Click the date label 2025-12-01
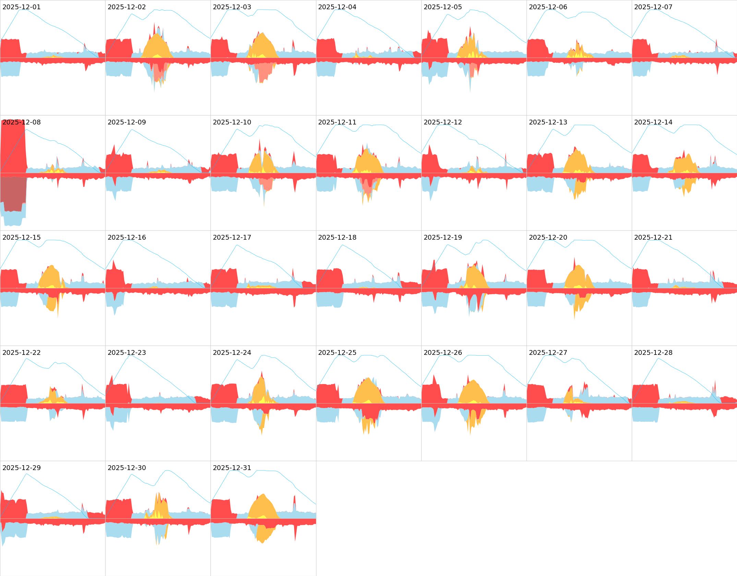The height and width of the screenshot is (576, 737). point(21,7)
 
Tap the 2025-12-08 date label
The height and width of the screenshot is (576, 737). point(21,122)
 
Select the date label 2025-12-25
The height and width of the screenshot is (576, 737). point(337,352)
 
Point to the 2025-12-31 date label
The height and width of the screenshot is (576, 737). point(232,468)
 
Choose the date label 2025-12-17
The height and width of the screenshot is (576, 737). point(232,237)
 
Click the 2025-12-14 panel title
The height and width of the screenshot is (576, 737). point(653,122)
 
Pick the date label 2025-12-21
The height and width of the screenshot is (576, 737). point(653,237)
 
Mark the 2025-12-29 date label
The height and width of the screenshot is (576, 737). point(21,468)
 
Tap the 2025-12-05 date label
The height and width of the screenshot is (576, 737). point(443,7)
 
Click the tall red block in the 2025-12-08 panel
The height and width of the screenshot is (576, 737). point(13,147)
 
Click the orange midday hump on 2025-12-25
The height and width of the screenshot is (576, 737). point(368,391)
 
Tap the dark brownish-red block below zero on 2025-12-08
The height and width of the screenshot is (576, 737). point(13,194)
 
